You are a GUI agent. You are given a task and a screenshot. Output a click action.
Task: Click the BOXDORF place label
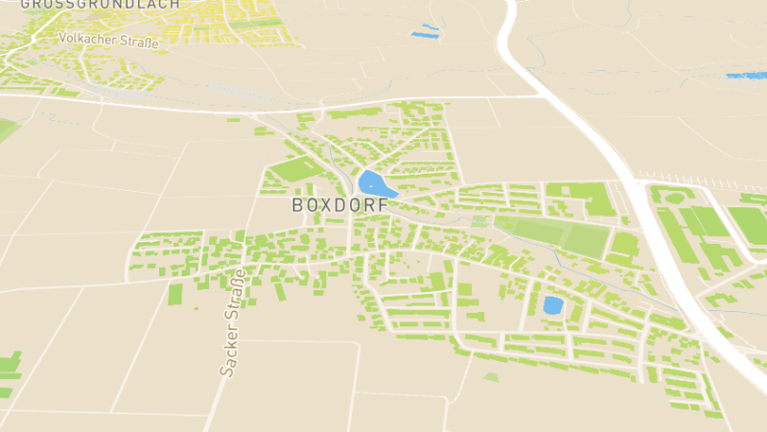coord(341,204)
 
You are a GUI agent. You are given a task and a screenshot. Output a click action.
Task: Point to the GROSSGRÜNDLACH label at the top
coord(100,4)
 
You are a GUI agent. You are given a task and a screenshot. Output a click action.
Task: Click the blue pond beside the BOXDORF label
coord(372,182)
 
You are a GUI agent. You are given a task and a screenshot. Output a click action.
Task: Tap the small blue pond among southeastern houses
coord(552,305)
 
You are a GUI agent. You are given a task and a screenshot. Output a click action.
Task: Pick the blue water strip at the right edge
coord(746,75)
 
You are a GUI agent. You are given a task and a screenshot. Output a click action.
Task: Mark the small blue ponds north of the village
coord(424,34)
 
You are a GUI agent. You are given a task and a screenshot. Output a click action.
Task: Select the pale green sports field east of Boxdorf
coord(551,235)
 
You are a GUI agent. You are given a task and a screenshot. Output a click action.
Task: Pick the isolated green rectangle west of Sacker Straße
coord(175,293)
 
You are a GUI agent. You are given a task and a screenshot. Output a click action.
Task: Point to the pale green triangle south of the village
coord(491,377)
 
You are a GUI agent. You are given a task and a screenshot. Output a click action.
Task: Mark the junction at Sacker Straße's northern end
coord(243,261)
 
